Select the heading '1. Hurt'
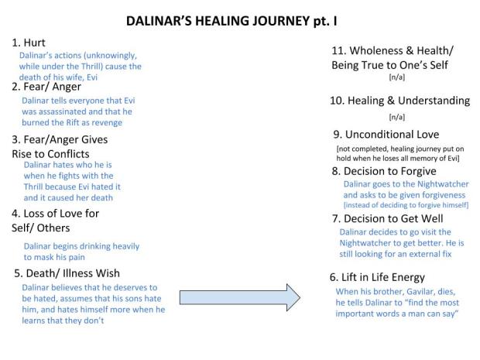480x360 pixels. [x=29, y=43]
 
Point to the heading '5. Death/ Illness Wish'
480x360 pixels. [x=71, y=273]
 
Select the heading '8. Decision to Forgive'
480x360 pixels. [x=384, y=171]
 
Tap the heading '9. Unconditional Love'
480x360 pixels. [x=384, y=134]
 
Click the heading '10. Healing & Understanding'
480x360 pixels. [x=400, y=101]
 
